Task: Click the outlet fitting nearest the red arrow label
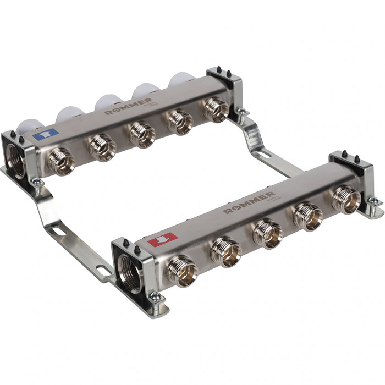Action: (182, 270)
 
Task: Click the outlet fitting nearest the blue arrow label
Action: (60, 161)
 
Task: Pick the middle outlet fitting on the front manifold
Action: (268, 232)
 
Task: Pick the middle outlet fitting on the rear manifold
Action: (144, 134)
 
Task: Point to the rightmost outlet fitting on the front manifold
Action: (346, 200)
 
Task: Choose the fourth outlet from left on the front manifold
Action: (308, 216)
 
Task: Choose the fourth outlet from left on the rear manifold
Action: (180, 121)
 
